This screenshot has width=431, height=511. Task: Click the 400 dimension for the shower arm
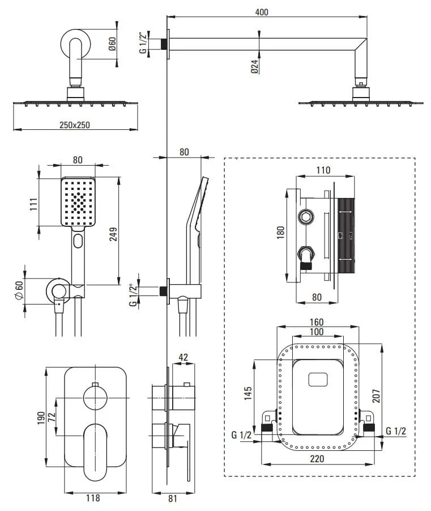[262, 12]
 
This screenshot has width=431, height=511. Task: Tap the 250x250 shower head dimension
[75, 125]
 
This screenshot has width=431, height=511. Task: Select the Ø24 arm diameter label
[255, 66]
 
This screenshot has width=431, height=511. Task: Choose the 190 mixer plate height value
[40, 417]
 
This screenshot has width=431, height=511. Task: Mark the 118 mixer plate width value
[93, 498]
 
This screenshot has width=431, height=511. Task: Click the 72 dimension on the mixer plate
[51, 417]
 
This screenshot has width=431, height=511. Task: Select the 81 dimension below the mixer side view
[173, 498]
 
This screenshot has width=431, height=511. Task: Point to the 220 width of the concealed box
[317, 459]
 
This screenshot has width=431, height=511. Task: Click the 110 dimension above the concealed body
[322, 170]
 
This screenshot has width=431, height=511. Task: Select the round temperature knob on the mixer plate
[95, 397]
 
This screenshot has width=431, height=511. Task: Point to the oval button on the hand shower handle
[78, 241]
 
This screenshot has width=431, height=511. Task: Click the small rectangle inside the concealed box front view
[318, 378]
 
